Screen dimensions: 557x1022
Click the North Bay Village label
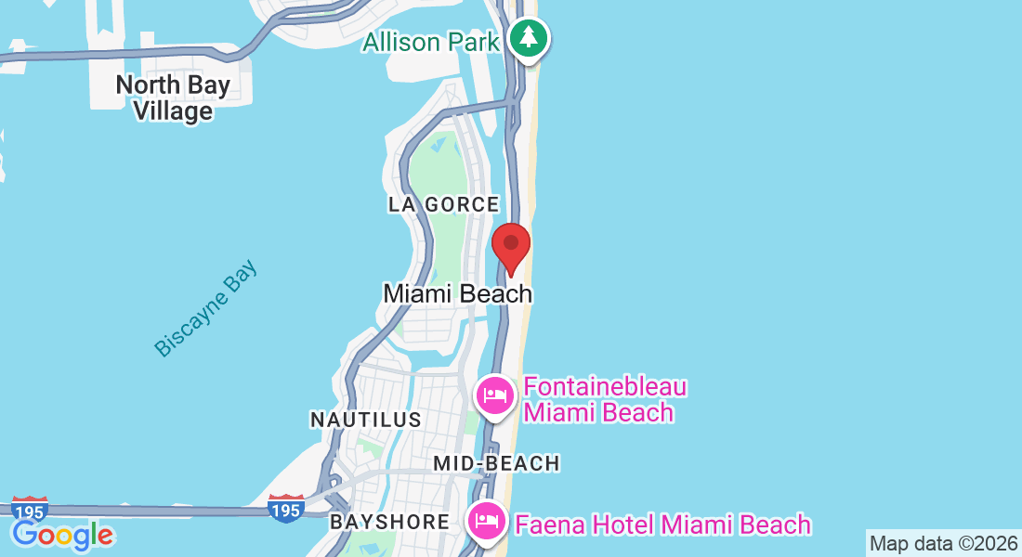click(x=173, y=98)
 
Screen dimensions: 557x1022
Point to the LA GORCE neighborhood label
click(x=444, y=204)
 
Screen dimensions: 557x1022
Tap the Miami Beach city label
click(x=458, y=293)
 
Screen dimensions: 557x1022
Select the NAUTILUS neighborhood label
click(x=366, y=420)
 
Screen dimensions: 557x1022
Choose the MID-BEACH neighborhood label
click(x=497, y=463)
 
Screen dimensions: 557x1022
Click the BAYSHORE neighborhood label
click(x=390, y=522)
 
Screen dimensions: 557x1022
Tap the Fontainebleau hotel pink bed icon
click(x=495, y=396)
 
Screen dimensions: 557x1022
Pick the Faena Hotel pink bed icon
click(x=488, y=523)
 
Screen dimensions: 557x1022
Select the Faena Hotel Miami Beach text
click(x=662, y=525)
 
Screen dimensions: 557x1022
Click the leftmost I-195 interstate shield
click(x=31, y=510)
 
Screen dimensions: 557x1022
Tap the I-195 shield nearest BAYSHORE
click(x=286, y=509)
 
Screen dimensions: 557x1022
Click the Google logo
click(x=62, y=535)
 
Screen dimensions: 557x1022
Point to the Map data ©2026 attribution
click(x=943, y=544)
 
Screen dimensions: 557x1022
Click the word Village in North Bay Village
click(x=173, y=111)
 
